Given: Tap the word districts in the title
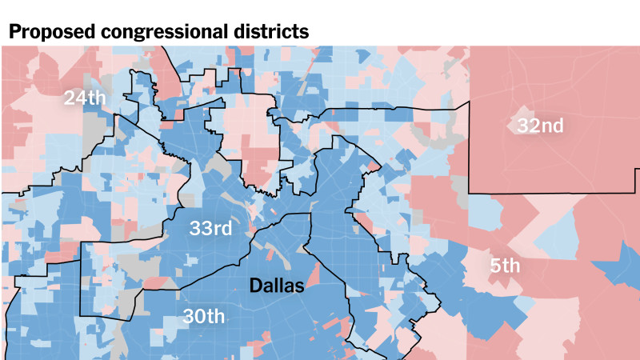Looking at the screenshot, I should pos(269,32).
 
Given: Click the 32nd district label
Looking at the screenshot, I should pos(540,126).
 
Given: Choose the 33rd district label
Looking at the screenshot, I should pos(210,228).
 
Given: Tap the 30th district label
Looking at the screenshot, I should pos(203,315).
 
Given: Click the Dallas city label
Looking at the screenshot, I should pos(276,285).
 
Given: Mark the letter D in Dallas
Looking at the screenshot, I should pos(255,285).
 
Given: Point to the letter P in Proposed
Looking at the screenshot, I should pos(14,32).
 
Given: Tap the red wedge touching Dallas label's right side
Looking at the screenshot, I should pos(313,276).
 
